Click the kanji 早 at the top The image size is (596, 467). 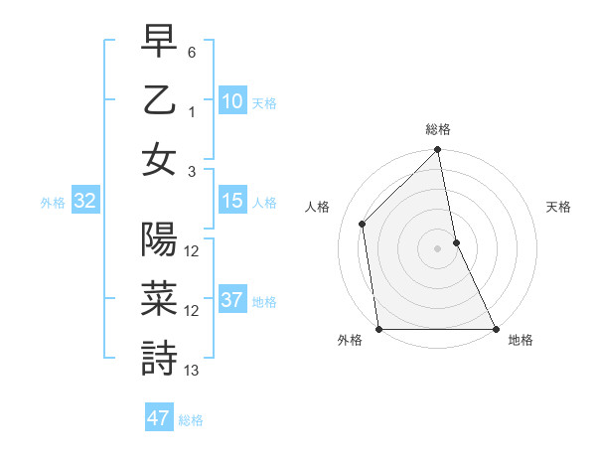tap(159, 42)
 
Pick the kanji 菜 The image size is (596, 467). tap(159, 299)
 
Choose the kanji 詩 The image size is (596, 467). tap(159, 358)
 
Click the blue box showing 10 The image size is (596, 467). tap(231, 101)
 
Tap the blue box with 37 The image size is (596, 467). tap(231, 301)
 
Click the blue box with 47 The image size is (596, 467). tap(158, 418)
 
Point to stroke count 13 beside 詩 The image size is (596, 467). tap(192, 371)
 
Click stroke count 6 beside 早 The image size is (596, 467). tap(192, 51)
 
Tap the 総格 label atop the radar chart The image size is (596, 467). tap(438, 129)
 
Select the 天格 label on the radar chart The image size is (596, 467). tap(558, 207)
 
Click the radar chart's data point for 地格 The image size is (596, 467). tap(496, 329)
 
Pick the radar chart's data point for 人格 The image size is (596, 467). tap(363, 224)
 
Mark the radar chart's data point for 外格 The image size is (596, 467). tap(379, 329)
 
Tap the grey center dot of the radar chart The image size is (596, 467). tap(438, 248)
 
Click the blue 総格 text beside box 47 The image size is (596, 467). tap(191, 420)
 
